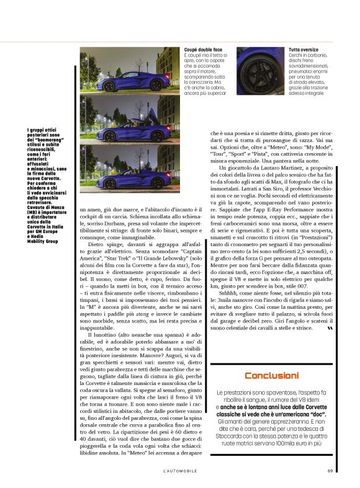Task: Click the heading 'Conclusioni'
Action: [271, 375]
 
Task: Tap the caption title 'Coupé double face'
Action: [204, 50]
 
